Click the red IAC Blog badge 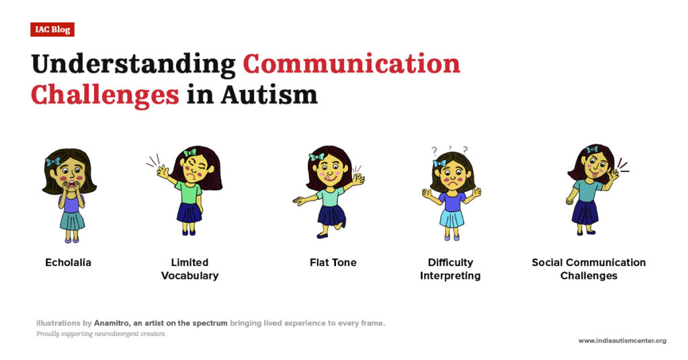(x=52, y=30)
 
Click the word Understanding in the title (x=133, y=64)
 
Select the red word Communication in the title (x=351, y=64)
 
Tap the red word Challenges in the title (x=105, y=95)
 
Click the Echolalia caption (x=68, y=263)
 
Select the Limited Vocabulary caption (x=189, y=269)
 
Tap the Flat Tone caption (x=333, y=263)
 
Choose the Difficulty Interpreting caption (x=450, y=269)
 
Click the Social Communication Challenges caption (x=589, y=269)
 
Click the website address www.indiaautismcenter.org (x=622, y=341)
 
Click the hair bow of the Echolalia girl (x=53, y=162)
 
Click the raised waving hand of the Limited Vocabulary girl (x=163, y=171)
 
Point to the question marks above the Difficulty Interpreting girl (x=449, y=149)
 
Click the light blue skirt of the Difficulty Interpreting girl (x=451, y=218)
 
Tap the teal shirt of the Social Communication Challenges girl (x=588, y=191)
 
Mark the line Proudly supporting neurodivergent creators (x=101, y=334)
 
